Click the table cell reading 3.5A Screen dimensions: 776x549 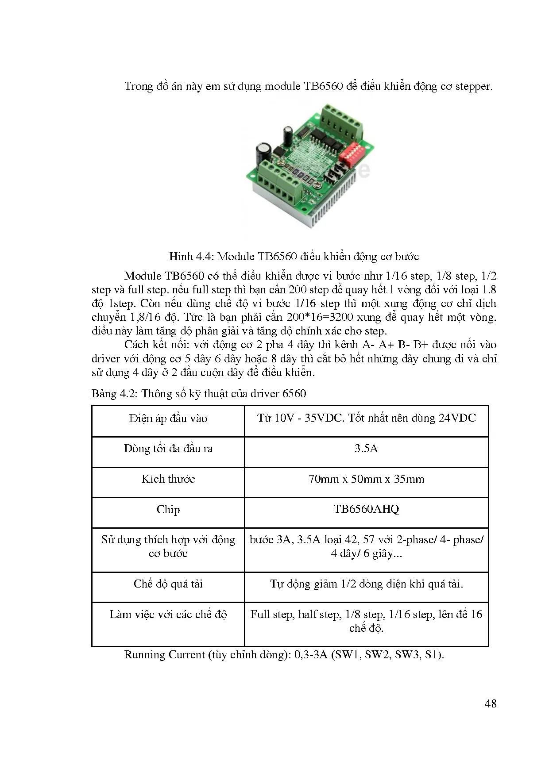366,449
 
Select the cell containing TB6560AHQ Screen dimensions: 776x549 366,509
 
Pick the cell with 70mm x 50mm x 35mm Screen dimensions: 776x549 366,479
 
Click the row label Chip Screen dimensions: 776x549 168,510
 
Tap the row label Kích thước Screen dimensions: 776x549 168,479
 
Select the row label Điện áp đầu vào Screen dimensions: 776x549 168,419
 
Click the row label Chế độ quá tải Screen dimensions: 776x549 168,584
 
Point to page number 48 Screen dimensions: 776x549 491,703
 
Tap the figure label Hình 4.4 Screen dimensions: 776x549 191,257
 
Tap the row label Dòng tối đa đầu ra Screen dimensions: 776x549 168,449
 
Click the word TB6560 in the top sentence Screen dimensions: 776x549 323,86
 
